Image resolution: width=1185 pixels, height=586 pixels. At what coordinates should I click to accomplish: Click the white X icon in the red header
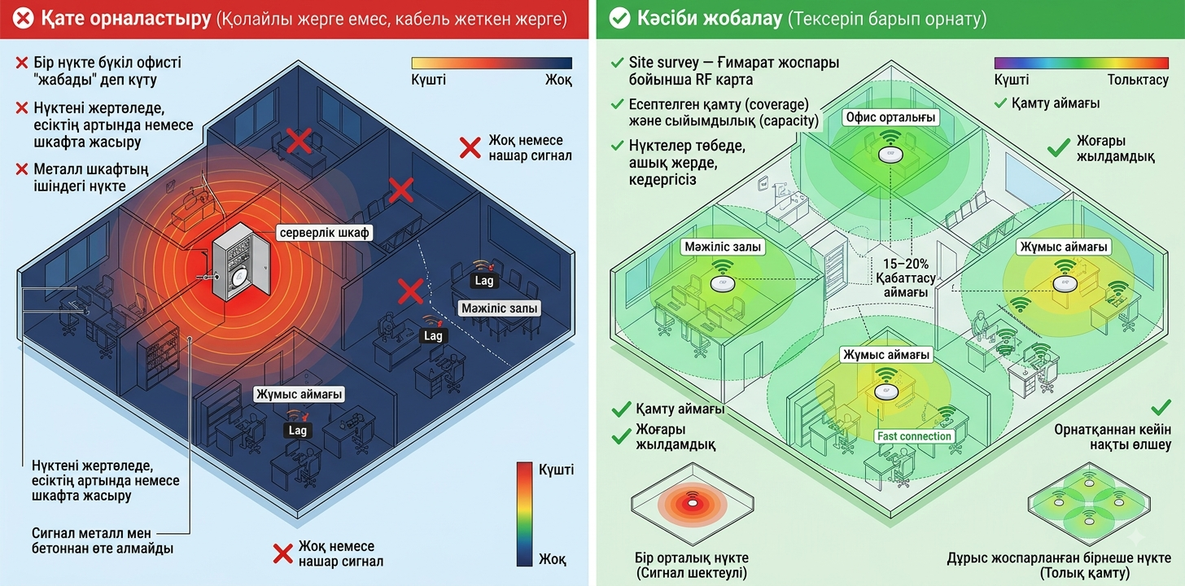pos(24,19)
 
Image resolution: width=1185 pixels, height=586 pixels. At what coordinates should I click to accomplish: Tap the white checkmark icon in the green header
pos(619,19)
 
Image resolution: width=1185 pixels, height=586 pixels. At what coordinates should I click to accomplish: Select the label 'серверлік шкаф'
pos(324,233)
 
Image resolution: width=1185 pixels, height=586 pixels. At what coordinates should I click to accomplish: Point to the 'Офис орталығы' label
pos(890,117)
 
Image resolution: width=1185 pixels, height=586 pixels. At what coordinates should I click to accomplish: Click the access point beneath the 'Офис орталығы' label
pos(890,155)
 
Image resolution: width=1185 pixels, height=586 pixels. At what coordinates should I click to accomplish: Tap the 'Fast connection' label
pos(914,436)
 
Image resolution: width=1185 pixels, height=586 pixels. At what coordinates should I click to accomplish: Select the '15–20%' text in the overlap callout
pos(906,264)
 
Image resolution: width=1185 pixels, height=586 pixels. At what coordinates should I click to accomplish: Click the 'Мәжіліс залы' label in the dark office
pos(499,308)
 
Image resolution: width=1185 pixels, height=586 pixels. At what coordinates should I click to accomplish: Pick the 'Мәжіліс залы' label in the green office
pos(723,247)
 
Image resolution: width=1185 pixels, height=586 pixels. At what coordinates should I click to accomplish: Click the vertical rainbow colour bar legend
pos(524,514)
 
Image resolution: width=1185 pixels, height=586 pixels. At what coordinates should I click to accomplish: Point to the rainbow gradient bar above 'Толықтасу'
pos(1082,63)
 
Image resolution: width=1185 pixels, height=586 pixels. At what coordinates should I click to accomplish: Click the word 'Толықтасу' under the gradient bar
pos(1138,80)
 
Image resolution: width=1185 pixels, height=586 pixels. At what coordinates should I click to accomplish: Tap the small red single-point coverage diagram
pos(693,504)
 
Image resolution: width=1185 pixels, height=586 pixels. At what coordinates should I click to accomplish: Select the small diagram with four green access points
pos(1089,504)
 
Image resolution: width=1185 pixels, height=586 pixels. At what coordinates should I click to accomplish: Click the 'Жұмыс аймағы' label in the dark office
pos(299,394)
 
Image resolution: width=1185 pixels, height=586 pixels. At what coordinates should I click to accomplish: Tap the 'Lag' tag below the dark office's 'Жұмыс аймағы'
pos(297,431)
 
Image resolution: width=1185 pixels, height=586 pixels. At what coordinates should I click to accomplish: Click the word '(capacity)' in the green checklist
pos(789,121)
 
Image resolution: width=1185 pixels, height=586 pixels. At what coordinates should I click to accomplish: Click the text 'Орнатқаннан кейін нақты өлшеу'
pos(1113,437)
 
